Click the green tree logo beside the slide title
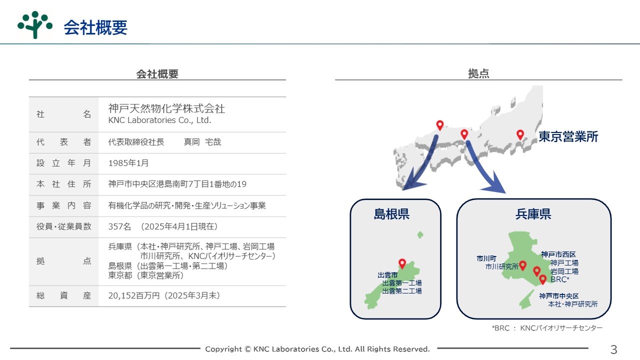click(35, 25)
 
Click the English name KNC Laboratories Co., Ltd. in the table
click(159, 120)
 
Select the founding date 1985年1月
click(128, 163)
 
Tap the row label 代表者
click(63, 142)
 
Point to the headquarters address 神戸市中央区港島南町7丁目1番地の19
click(177, 184)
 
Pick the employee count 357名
click(119, 226)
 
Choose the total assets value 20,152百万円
click(133, 295)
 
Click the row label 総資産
click(63, 295)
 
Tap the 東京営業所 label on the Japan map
click(568, 136)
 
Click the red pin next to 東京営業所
click(520, 134)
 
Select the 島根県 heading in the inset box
click(391, 214)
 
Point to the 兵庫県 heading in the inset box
click(533, 214)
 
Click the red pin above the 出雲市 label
click(402, 263)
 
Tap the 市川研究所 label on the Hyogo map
click(501, 266)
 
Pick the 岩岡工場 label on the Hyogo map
click(564, 271)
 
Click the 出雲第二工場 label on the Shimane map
click(402, 291)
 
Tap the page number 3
click(613, 349)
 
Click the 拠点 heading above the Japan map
click(478, 73)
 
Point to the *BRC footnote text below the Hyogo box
click(547, 328)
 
